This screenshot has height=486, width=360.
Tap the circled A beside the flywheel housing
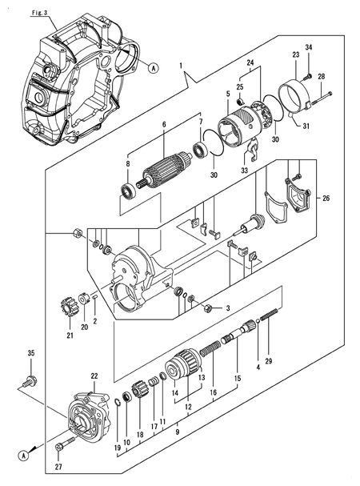(154, 68)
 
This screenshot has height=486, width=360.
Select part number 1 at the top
(182, 65)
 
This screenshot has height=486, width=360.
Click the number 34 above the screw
(309, 50)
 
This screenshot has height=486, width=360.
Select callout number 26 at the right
(325, 197)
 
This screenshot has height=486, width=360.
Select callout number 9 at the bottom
(178, 433)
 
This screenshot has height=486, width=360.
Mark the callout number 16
(213, 395)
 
